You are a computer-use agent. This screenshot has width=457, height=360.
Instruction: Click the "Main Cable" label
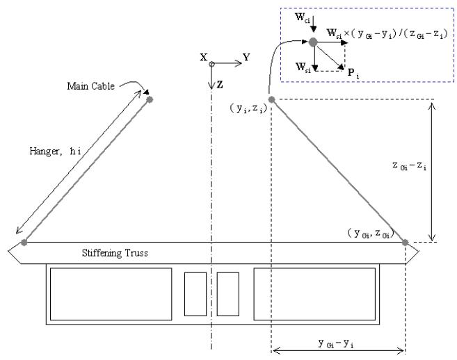coord(90,86)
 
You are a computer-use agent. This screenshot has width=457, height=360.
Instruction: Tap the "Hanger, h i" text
coord(55,152)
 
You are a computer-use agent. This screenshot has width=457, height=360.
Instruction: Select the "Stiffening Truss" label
coord(115,253)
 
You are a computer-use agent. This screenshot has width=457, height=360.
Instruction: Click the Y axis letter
coord(246,57)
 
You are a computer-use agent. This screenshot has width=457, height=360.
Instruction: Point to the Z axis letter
coord(220,85)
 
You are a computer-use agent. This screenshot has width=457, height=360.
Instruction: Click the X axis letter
coord(204,57)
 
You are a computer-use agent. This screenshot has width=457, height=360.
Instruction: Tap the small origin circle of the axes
coord(211,64)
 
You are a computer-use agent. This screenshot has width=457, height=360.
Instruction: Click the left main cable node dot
coord(150,99)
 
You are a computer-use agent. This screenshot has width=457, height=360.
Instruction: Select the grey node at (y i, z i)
coord(272,99)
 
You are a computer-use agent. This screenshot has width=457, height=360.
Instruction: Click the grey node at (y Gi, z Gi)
coord(405,243)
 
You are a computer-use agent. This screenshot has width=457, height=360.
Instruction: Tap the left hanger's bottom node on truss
coord(24,243)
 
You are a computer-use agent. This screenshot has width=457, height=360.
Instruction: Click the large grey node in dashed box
coord(313,42)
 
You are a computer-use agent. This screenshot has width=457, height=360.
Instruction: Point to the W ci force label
coord(303,18)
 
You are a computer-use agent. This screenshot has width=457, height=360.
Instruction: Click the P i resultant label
coord(353,73)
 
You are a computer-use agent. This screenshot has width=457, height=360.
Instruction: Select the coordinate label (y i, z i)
coord(248,108)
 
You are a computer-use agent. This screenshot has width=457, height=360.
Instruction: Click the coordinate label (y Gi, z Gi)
coord(371,234)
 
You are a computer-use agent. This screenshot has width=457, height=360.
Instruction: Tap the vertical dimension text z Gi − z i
coord(409,165)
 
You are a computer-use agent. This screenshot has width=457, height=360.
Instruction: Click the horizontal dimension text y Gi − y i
coord(336,343)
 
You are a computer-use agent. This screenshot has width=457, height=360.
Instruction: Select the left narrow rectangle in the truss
coord(195,294)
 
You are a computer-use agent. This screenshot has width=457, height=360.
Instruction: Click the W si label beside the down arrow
coord(303,67)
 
